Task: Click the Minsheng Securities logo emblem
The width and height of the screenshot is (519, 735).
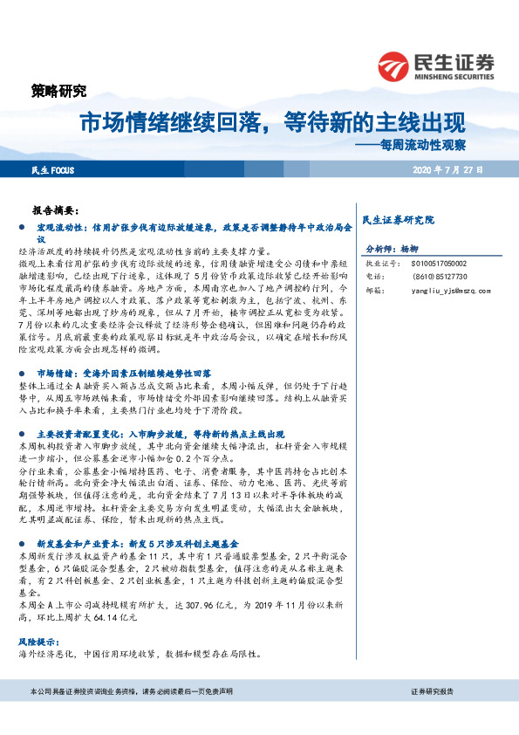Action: tap(394, 65)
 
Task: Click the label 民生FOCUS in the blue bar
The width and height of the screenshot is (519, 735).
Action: tap(51, 168)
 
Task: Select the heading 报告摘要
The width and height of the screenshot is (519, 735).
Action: tap(55, 210)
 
